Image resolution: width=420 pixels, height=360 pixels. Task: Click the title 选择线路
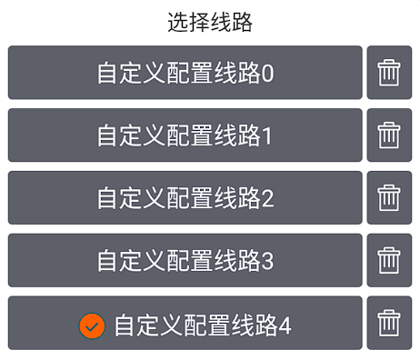pyautogui.click(x=210, y=23)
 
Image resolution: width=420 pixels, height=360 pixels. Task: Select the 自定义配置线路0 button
pyautogui.click(x=185, y=73)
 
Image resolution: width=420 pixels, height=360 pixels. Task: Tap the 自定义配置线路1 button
pyautogui.click(x=185, y=135)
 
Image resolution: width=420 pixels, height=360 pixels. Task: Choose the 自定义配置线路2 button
pyautogui.click(x=185, y=198)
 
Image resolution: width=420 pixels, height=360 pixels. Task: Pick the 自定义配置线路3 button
pyautogui.click(x=185, y=261)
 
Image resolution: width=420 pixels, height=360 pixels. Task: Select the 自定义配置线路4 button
pyautogui.click(x=185, y=324)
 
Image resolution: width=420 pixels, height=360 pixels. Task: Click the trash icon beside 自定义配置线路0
pyautogui.click(x=389, y=73)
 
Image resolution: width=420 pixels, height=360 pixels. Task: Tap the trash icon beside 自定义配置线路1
pyautogui.click(x=389, y=135)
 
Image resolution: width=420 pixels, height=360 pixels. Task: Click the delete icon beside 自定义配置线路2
pyautogui.click(x=389, y=198)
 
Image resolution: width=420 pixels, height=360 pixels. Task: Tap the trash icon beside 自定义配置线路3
pyautogui.click(x=389, y=261)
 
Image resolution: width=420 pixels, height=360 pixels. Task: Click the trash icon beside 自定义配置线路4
pyautogui.click(x=389, y=324)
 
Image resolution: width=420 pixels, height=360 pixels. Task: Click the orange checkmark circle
pyautogui.click(x=93, y=325)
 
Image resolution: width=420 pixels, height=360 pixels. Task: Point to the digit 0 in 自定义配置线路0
pyautogui.click(x=267, y=74)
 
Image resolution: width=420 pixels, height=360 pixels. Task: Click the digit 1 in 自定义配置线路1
pyautogui.click(x=267, y=136)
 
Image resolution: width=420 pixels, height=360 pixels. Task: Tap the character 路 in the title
pyautogui.click(x=242, y=23)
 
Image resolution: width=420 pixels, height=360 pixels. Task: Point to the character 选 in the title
pyautogui.click(x=178, y=23)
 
